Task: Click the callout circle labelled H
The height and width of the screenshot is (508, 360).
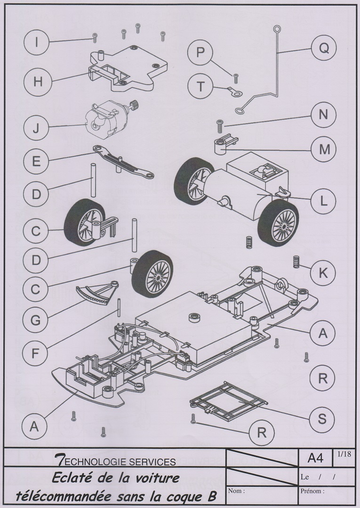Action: coord(38,81)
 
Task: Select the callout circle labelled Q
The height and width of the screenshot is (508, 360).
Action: coord(323,48)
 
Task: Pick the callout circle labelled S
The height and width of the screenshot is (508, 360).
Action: coord(322,418)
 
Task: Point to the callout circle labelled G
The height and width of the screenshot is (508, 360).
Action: coord(36,320)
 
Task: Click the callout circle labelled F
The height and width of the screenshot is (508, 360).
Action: coord(36,352)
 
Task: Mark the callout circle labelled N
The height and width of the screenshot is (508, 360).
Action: coord(323,115)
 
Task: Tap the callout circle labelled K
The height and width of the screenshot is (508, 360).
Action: coord(323,272)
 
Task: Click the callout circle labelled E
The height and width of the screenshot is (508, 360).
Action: coord(36,162)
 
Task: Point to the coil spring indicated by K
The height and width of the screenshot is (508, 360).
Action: coord(296,262)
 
